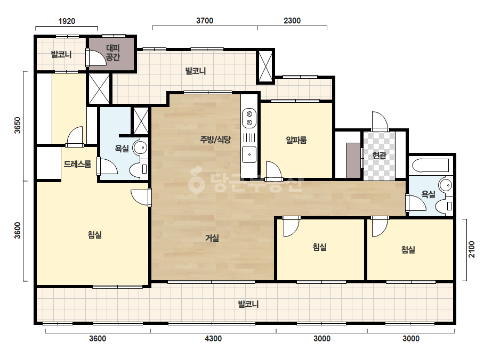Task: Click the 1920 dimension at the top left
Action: point(67,21)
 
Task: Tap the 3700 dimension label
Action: point(205,20)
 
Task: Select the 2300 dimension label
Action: point(292,20)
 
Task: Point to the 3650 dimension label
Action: point(18,125)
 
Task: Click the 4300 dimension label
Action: point(213,338)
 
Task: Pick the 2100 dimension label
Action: point(472,249)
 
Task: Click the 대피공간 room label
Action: point(112,52)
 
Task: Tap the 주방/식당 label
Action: point(215,139)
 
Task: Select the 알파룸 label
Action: point(296,140)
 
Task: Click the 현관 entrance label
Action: point(379,155)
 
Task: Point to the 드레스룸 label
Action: point(77,163)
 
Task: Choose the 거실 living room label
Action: point(212,238)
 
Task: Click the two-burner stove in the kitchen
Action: point(249,118)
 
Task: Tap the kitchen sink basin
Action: point(249,154)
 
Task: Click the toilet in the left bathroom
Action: point(140,169)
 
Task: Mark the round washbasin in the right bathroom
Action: point(446,185)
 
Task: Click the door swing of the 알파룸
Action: point(273,170)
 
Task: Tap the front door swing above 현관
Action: point(380,121)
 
